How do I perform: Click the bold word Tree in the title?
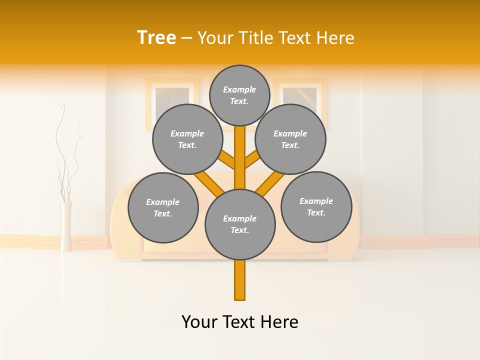point(156,38)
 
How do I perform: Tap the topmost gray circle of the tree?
point(239,95)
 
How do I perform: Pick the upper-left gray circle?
point(187,139)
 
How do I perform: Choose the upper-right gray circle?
point(290,139)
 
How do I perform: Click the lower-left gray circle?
point(163,207)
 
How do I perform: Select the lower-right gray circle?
point(316,206)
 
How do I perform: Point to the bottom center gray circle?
point(240,224)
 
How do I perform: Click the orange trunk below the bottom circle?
point(240,280)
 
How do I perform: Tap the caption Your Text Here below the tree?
point(240,322)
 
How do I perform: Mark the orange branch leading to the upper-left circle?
point(228,160)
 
